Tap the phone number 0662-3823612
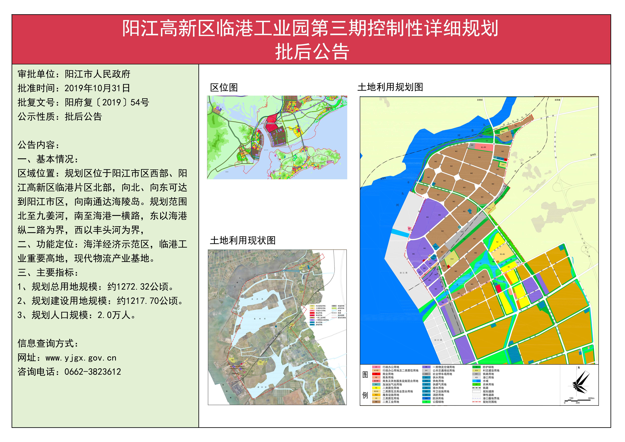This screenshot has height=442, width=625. pyautogui.click(x=93, y=372)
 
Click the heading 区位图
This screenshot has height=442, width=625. pyautogui.click(x=224, y=88)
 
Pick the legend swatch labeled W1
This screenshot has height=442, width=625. pyautogui.click(x=426, y=367)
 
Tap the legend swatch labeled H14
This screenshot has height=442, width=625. pyautogui.click(x=476, y=371)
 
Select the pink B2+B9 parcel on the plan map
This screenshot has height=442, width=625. pyautogui.click(x=483, y=147)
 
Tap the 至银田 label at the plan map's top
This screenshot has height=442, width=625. pyautogui.click(x=480, y=100)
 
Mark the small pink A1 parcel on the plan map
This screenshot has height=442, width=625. pyautogui.click(x=409, y=229)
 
